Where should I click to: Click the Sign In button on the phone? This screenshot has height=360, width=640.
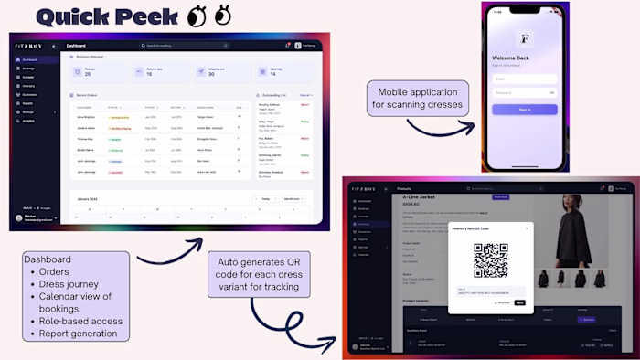pyautogui.click(x=525, y=109)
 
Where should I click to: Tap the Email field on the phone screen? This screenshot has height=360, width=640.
pyautogui.click(x=525, y=79)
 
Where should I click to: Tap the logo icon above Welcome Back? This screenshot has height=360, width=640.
pyautogui.click(x=525, y=39)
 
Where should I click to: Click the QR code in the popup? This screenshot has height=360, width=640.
pyautogui.click(x=491, y=261)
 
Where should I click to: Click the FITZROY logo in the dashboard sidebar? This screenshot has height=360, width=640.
pyautogui.click(x=27, y=45)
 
